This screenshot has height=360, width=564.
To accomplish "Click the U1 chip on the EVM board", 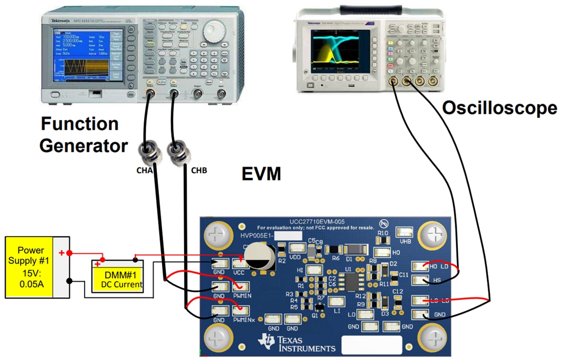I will tap(352, 282).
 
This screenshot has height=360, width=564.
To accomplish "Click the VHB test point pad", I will tap(405, 233).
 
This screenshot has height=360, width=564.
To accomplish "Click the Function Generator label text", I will tap(83, 135).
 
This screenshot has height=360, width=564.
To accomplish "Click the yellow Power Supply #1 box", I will tap(31, 267).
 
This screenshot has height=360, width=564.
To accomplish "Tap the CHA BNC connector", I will tap(150, 152).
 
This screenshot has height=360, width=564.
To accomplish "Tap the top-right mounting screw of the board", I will tap(433, 236).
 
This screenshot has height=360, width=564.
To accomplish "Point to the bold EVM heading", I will tap(262, 174).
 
